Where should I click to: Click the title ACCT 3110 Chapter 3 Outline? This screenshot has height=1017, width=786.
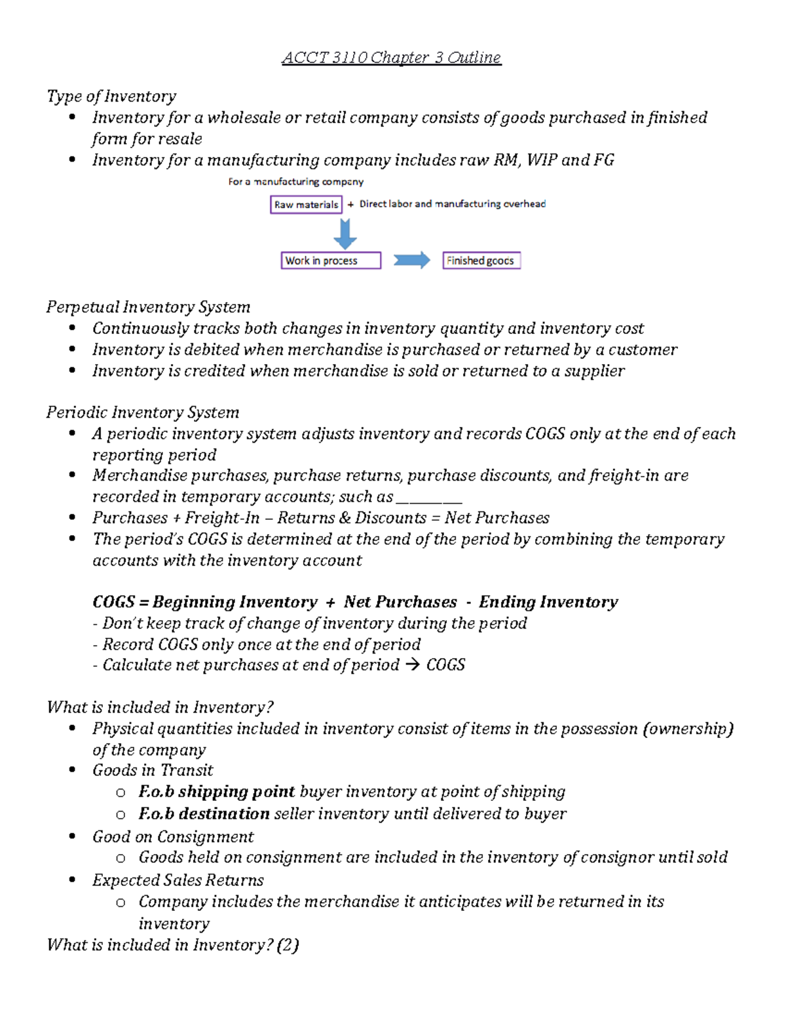click(x=391, y=58)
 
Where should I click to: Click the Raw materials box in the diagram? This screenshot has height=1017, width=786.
click(x=306, y=204)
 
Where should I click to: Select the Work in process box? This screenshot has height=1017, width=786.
click(x=331, y=261)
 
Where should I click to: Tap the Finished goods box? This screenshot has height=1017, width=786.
click(x=481, y=261)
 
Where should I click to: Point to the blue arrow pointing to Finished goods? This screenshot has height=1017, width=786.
click(x=411, y=261)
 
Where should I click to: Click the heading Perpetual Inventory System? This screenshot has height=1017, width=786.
click(x=148, y=307)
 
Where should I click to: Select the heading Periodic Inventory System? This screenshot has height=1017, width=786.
click(x=143, y=413)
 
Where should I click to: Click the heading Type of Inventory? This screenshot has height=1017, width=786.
click(x=111, y=97)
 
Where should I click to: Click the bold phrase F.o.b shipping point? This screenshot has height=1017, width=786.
click(x=216, y=792)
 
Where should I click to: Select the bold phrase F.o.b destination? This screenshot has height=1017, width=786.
click(x=204, y=814)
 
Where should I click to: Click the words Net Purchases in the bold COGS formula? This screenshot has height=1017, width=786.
click(x=400, y=602)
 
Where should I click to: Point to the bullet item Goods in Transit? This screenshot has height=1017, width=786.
click(x=153, y=771)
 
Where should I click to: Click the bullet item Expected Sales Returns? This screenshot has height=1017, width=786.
click(x=178, y=880)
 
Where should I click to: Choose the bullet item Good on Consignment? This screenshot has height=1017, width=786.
click(x=173, y=837)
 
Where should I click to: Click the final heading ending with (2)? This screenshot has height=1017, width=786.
click(x=173, y=945)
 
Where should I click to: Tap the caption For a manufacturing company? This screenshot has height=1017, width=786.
click(x=295, y=181)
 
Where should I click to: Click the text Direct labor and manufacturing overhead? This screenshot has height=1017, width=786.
click(x=452, y=204)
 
